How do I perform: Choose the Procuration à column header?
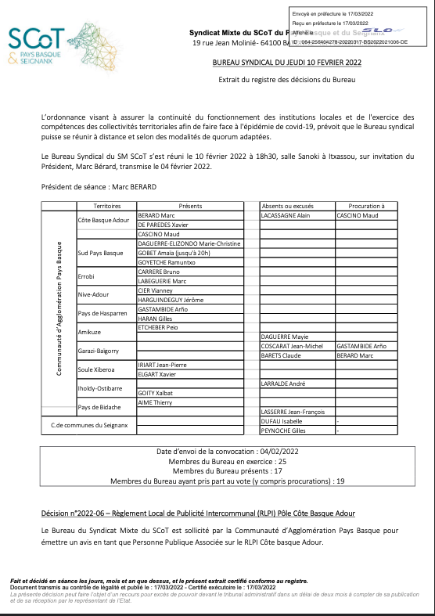pyautogui.click(x=365, y=204)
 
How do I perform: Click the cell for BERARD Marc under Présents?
pyautogui.click(x=157, y=214)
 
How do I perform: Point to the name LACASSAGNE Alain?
pyautogui.click(x=286, y=214)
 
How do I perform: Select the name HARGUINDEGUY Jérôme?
pyautogui.click(x=171, y=300)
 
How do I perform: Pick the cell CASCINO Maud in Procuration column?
pyautogui.click(x=357, y=214)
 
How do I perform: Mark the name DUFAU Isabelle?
pyautogui.click(x=280, y=421)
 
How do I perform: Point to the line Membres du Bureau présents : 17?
pyautogui.click(x=216, y=472)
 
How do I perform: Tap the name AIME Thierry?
pyautogui.click(x=156, y=402)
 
